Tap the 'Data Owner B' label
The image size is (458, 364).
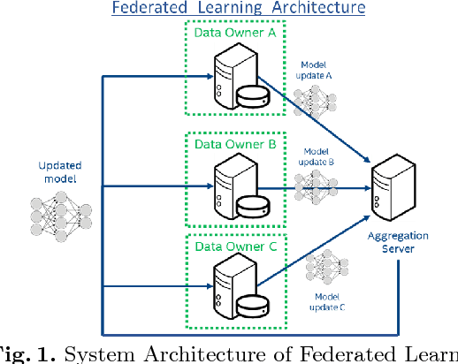tap(234, 142)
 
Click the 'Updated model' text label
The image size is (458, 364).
tap(57, 173)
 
